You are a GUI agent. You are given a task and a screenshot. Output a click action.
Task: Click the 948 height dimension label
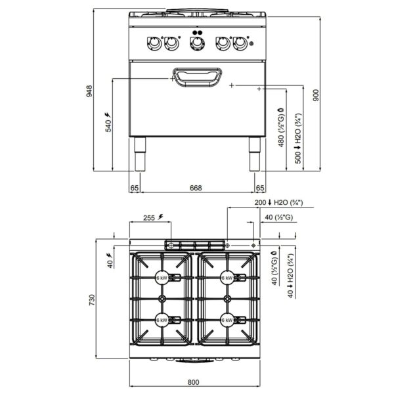click(89, 91)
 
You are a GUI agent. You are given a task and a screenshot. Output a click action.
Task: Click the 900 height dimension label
click(316, 95)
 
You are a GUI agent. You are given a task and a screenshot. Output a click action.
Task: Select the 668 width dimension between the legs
click(196, 188)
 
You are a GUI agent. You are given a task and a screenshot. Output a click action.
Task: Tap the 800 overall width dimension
click(193, 382)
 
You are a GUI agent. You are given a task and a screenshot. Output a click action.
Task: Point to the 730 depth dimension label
click(91, 300)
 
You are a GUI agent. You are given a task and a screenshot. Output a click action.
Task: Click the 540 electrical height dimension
click(108, 122)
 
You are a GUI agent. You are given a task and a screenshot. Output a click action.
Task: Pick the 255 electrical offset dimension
click(153, 217)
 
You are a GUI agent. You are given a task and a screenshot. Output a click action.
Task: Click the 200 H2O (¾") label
click(278, 202)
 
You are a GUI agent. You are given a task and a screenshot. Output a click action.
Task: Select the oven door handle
click(197, 77)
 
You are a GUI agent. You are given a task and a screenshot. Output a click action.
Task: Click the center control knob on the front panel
click(197, 43)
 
